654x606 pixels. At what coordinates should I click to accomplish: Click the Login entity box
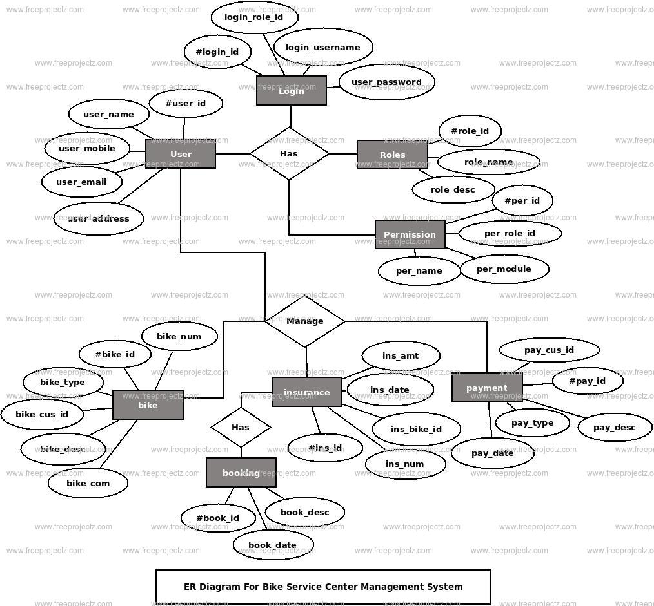coord(291,91)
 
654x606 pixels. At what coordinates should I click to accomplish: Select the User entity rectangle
coord(181,155)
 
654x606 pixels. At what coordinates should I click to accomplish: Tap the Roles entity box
coord(392,155)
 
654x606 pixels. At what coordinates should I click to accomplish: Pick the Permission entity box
coord(410,234)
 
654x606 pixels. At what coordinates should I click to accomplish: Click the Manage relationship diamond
coord(305,321)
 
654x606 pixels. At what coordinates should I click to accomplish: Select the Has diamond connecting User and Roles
coord(289,153)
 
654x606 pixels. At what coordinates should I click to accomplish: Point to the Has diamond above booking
coord(241,427)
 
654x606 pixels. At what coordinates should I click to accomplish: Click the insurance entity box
coord(306,392)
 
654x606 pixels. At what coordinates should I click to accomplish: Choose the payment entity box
coord(486,388)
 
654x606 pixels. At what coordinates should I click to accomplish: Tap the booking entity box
coord(241,473)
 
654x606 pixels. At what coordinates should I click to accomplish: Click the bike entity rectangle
coord(148,405)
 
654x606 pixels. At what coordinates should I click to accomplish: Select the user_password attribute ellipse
coord(386,82)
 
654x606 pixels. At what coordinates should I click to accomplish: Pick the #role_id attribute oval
coord(470,131)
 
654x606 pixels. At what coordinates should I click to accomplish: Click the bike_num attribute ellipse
coord(179,336)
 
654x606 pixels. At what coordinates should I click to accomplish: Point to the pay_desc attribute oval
coord(614,427)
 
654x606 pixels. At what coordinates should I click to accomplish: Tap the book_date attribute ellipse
coord(272,545)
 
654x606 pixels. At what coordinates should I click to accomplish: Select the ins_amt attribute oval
coord(401,355)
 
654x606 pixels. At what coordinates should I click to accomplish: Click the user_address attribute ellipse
coord(98,219)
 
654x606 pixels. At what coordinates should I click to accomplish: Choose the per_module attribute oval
coord(504,269)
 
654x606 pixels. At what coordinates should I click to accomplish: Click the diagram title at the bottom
coord(323,587)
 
